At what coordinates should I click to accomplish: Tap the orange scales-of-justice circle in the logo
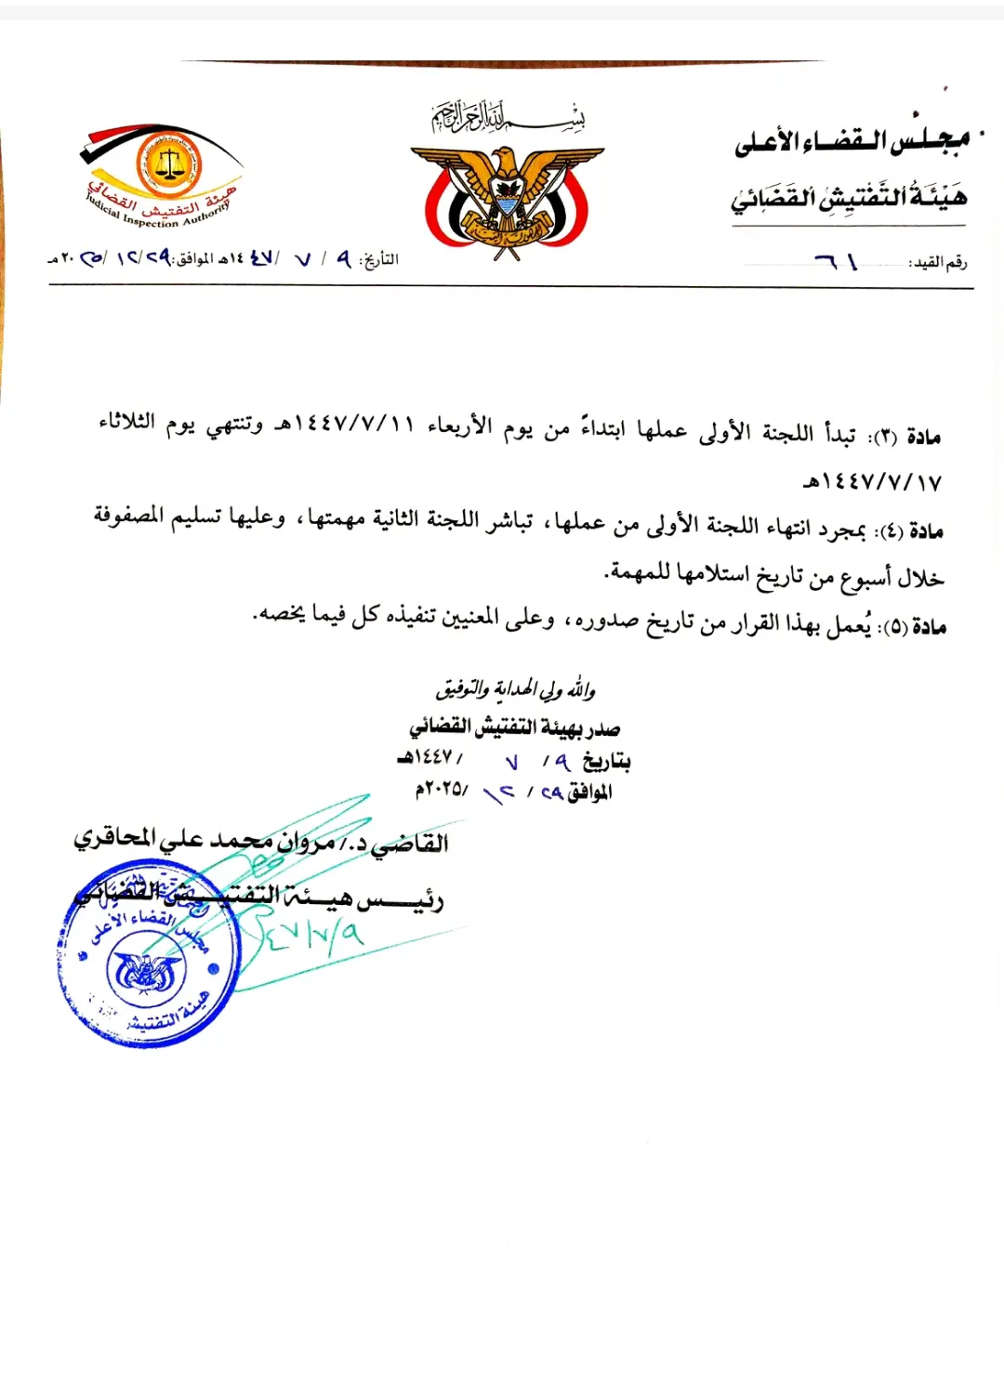pos(168,164)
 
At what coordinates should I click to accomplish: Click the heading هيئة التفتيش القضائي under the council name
pos(848,197)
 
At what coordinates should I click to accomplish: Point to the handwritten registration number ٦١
pos(836,263)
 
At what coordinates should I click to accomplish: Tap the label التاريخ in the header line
pos(378,260)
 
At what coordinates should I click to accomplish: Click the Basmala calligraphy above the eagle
pos(508,117)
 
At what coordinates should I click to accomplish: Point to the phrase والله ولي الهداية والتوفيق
pos(515,689)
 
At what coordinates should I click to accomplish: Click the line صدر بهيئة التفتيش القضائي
pos(514,728)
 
